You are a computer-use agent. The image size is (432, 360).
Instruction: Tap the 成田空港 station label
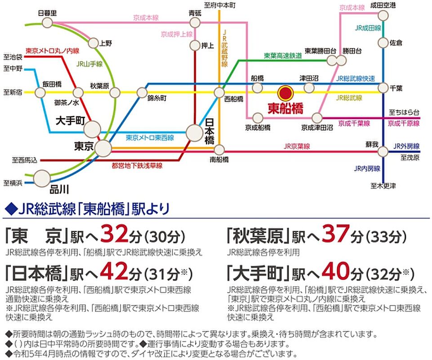383,5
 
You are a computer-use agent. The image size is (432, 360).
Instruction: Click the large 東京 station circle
103,147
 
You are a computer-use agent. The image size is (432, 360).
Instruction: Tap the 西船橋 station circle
219,92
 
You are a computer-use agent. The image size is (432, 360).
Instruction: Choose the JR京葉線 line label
297,146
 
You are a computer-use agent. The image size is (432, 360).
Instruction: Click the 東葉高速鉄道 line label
282,56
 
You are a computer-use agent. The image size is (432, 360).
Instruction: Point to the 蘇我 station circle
383,152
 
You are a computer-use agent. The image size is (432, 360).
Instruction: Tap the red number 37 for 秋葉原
335,234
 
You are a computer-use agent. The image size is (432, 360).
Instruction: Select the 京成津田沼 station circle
317,118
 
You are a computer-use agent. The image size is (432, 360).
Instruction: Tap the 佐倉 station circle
383,43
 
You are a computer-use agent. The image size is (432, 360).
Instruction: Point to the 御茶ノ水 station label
67,103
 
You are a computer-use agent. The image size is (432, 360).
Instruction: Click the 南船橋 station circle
219,149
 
